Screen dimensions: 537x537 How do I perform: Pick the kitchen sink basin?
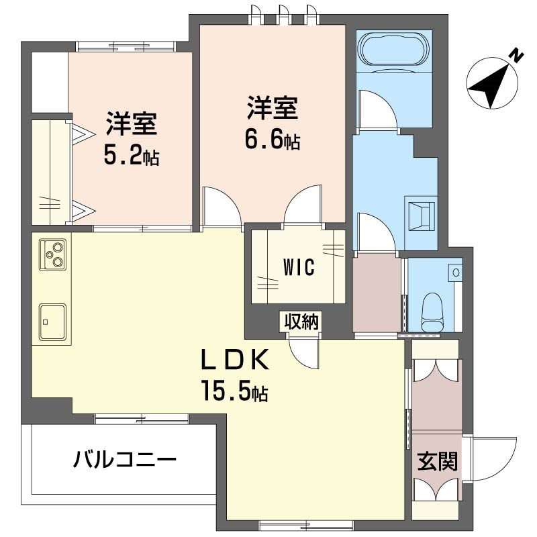coord(52,321)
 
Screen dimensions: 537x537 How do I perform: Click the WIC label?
coord(299,267)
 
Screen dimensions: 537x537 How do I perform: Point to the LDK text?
coord(236,360)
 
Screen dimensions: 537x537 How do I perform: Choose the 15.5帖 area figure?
coord(235,391)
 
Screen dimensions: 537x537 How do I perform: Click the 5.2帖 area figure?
coord(131,155)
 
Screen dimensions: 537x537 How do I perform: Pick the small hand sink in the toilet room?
coord(456,273)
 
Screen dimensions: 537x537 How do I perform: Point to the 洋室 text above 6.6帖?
coord(273,107)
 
